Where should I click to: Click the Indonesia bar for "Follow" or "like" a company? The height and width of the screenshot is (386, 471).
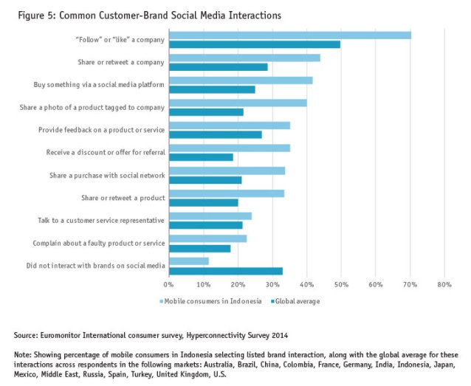coord(289,35)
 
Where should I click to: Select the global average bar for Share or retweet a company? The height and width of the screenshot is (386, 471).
coord(218,67)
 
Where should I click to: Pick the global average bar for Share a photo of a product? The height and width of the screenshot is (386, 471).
coord(206,112)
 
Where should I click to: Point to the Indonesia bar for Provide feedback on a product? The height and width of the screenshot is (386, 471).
coord(229,125)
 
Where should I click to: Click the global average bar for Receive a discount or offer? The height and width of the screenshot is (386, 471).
coord(201,157)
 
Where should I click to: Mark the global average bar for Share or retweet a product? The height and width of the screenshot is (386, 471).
coord(203,202)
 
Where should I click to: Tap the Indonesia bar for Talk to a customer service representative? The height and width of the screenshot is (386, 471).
coord(210,216)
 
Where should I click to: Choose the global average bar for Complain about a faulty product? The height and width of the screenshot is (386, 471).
coord(199,248)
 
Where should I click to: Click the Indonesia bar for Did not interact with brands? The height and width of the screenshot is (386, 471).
coord(188,261)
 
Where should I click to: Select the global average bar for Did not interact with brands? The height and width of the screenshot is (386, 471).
coord(225,271)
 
